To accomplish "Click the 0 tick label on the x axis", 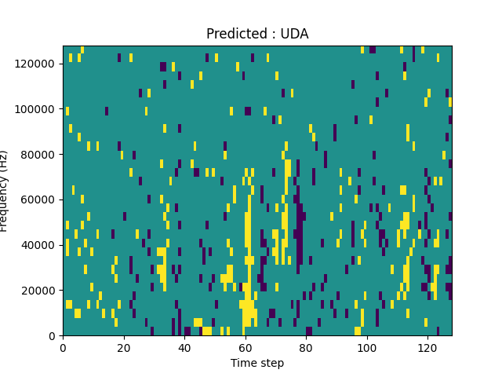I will click(x=63, y=347).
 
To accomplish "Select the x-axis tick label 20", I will click(x=124, y=347).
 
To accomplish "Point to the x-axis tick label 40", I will click(x=184, y=347).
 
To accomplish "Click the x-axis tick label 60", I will click(x=245, y=347).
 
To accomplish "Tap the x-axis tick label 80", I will click(x=306, y=347).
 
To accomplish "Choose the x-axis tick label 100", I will click(x=366, y=347).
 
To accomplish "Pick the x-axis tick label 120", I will click(x=427, y=347).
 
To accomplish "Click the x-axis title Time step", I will click(x=257, y=363).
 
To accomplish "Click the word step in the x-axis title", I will click(x=271, y=364).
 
